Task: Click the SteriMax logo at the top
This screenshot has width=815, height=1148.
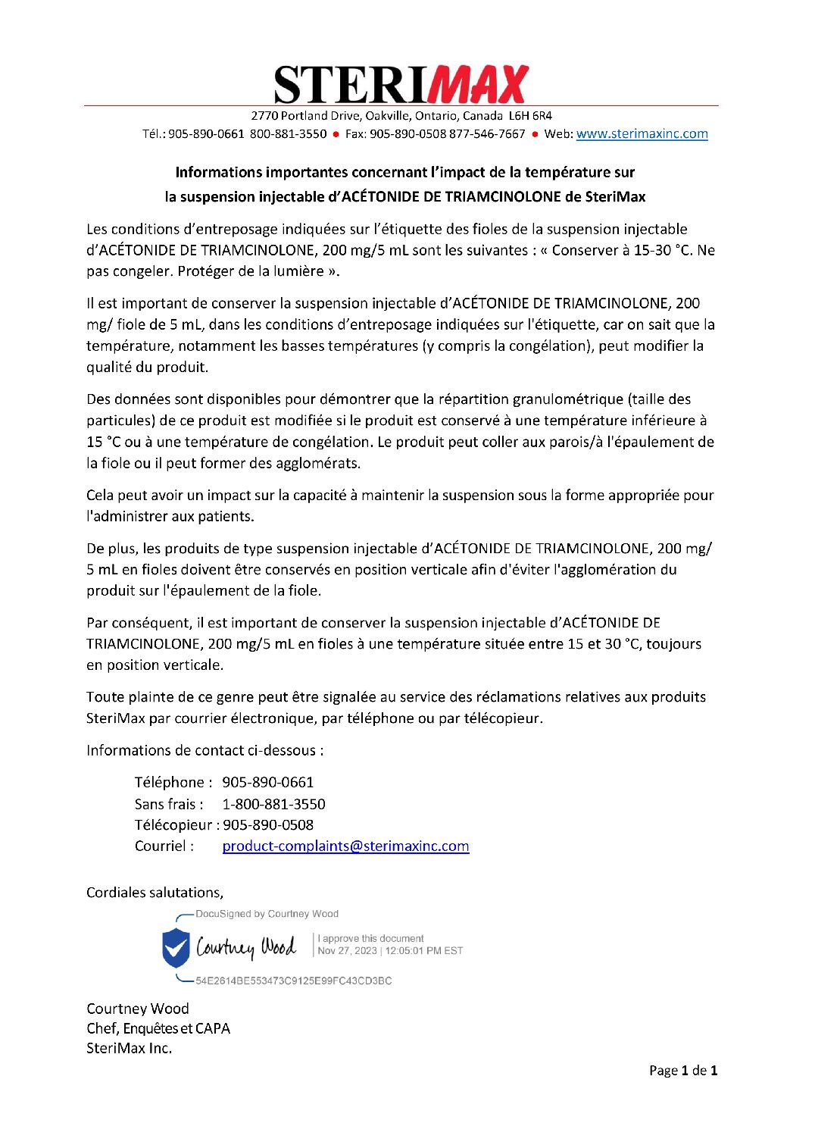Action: [401, 84]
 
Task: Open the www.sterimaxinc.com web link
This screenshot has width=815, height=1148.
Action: [642, 134]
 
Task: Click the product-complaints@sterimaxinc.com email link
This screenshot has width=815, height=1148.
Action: [345, 846]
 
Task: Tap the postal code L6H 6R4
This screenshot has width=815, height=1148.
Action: [530, 116]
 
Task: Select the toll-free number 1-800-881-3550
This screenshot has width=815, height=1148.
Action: [273, 804]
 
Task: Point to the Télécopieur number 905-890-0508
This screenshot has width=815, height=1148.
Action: [268, 825]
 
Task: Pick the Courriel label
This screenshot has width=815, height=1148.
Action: [164, 846]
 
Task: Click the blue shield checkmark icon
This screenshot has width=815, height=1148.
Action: [176, 947]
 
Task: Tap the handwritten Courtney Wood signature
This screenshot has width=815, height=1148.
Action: [245, 947]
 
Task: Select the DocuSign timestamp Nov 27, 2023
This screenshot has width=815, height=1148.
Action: [347, 951]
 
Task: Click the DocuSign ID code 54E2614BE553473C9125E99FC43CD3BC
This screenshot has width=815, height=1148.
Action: [293, 981]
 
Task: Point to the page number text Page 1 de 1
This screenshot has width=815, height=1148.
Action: [682, 1071]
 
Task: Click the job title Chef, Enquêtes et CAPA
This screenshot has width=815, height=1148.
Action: [158, 1029]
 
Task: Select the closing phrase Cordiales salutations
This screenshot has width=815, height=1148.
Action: [155, 893]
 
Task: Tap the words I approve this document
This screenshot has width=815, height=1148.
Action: [370, 938]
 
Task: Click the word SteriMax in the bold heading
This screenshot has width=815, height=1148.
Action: [615, 197]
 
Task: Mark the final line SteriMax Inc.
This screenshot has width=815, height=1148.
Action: [129, 1049]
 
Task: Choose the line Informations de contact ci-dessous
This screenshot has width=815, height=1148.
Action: [205, 751]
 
